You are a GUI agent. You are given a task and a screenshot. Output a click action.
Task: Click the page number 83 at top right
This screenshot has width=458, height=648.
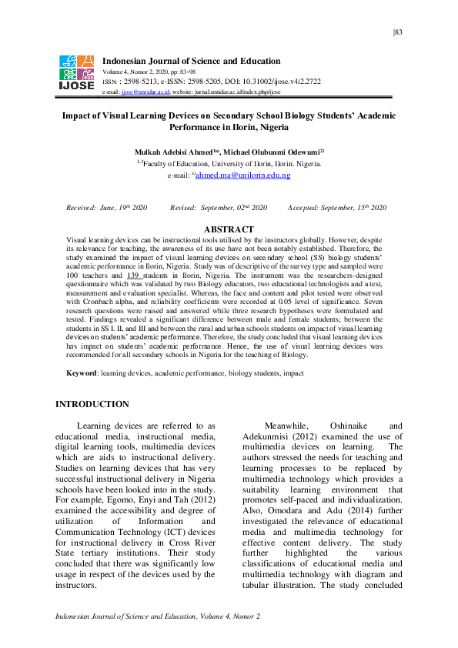tap(398, 32)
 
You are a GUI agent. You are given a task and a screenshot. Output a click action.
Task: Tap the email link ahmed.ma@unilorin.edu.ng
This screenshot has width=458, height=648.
tap(242, 175)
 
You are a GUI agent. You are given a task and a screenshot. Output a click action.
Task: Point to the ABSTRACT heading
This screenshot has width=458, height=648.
tap(229, 229)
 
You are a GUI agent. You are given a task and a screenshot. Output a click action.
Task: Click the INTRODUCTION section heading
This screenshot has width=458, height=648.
tap(93, 404)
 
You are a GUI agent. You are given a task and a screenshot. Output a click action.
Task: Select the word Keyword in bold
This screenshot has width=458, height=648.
tap(81, 373)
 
